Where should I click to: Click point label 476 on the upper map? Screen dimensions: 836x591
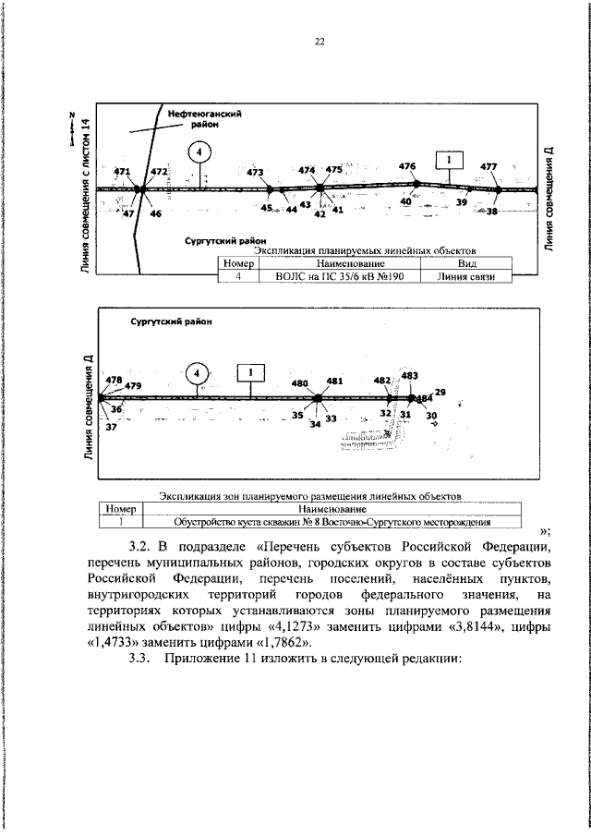(x=407, y=165)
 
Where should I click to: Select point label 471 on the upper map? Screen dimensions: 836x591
(x=122, y=173)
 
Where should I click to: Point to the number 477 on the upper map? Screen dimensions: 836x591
(x=488, y=166)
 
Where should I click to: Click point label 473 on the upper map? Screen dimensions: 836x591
(x=256, y=172)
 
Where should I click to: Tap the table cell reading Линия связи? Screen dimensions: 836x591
(x=467, y=275)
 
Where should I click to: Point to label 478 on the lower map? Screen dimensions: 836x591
(x=115, y=379)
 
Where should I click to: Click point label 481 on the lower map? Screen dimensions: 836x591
(x=334, y=380)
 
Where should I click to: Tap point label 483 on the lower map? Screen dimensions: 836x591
(x=409, y=375)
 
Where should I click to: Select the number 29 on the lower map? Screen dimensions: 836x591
(x=440, y=393)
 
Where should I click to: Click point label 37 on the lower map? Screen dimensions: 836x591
(x=112, y=428)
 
